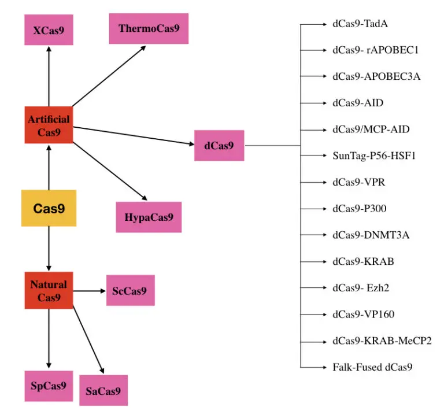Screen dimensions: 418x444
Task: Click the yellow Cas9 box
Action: click(49, 208)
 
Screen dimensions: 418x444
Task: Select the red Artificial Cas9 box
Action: click(49, 125)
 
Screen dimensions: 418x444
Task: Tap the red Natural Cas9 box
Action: click(49, 290)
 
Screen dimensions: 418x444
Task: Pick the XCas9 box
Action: click(49, 29)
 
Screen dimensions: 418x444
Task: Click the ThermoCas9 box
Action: click(149, 28)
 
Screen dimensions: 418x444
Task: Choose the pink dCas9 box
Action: click(219, 146)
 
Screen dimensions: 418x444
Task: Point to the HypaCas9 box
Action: click(149, 217)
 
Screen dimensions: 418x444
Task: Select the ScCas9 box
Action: click(130, 291)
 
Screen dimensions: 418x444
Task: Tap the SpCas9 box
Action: click(49, 386)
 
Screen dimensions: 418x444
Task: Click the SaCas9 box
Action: click(103, 390)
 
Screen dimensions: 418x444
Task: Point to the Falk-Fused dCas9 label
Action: click(372, 367)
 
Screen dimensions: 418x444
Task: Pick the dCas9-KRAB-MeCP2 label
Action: click(382, 341)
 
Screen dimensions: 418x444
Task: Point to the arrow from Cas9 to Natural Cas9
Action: click(49, 249)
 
